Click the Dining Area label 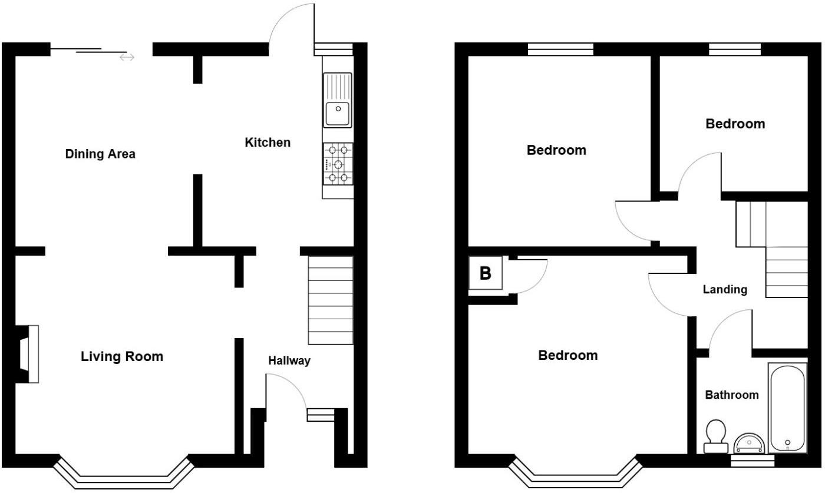pyautogui.click(x=100, y=154)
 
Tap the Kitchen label pyautogui.click(x=268, y=143)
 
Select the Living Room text pyautogui.click(x=122, y=356)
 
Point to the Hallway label pyautogui.click(x=289, y=361)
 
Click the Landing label pyautogui.click(x=725, y=290)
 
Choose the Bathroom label pyautogui.click(x=732, y=395)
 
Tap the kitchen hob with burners pyautogui.click(x=338, y=164)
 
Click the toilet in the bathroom pyautogui.click(x=716, y=436)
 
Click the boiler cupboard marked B pyautogui.click(x=486, y=273)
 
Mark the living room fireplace pyautogui.click(x=28, y=354)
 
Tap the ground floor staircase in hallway pyautogui.click(x=331, y=300)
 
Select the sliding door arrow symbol pyautogui.click(x=127, y=57)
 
